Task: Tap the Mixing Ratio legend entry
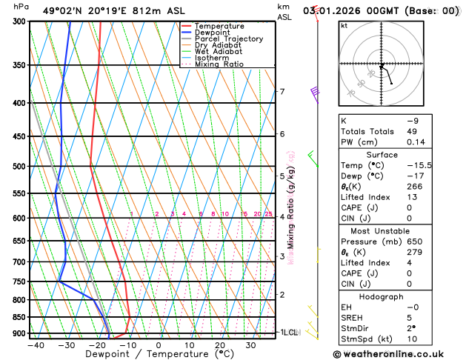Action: (219, 64)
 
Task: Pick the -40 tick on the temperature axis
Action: (35, 345)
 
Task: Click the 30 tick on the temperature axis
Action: (250, 345)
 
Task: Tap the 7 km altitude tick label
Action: (282, 92)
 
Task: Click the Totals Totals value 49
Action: (413, 131)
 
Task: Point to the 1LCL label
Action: (288, 333)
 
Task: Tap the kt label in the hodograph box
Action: (344, 25)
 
